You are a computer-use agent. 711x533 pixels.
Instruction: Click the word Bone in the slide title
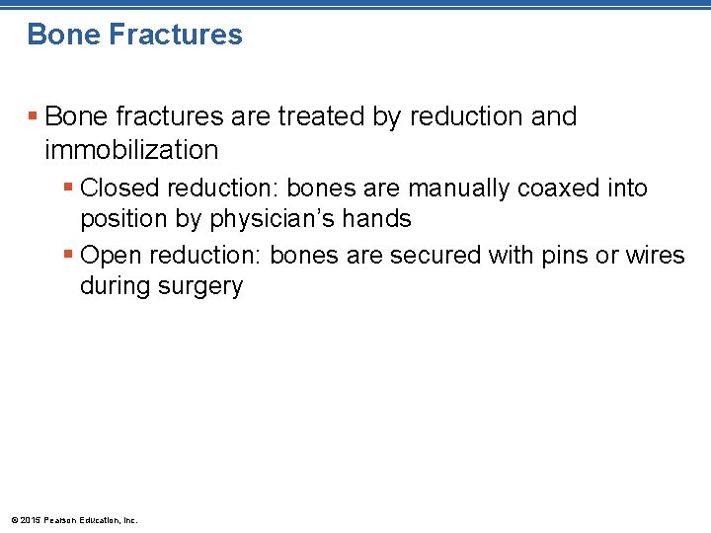tap(62, 35)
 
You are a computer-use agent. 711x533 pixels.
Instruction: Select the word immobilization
tap(131, 150)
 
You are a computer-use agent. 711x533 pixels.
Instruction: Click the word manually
tap(460, 188)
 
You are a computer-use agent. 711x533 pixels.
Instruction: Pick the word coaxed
tap(564, 188)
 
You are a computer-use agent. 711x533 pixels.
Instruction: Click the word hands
tap(377, 219)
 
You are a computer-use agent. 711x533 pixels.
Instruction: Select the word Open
tap(111, 255)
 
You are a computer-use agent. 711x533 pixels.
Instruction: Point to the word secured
tap(434, 255)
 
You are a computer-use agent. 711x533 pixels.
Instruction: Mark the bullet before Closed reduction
tap(67, 188)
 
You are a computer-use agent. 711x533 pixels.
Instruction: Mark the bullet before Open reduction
tap(67, 255)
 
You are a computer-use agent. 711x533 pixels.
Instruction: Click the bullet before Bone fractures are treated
tap(33, 116)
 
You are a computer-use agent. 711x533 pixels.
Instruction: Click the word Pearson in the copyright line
tap(61, 520)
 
